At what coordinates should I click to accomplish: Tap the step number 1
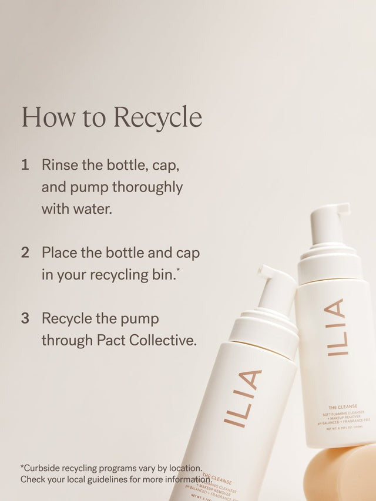pyautogui.click(x=25, y=165)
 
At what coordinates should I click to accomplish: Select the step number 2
pyautogui.click(x=25, y=253)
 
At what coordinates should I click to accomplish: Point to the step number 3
pyautogui.click(x=25, y=318)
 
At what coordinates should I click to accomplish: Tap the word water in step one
pyautogui.click(x=91, y=209)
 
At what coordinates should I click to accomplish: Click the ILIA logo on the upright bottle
pyautogui.click(x=336, y=327)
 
